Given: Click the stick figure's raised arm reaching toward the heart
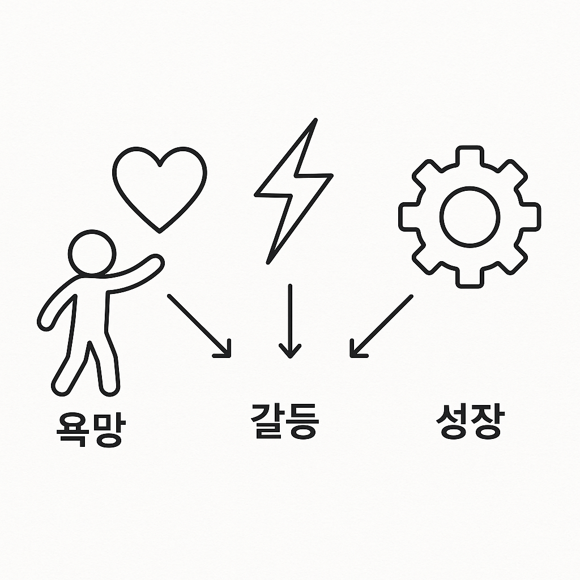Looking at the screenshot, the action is coord(136,271).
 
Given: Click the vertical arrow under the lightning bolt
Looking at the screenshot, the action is coord(289,320).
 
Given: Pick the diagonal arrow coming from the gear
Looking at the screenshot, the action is coord(381,326).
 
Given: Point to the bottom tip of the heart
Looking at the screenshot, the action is coord(160,231).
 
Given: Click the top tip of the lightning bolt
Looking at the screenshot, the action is coord(314,120).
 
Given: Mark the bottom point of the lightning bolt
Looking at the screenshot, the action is coord(268,262).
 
